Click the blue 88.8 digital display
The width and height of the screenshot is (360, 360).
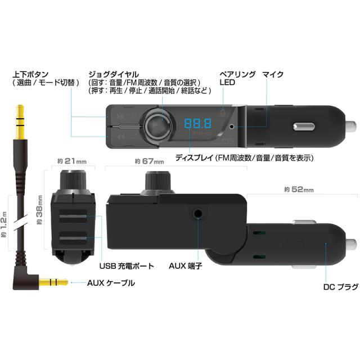[x=197, y=124]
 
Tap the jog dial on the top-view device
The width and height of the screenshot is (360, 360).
[x=158, y=125]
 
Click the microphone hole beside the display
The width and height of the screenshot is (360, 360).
[x=232, y=126]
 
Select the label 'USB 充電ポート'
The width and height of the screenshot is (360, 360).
[x=127, y=266]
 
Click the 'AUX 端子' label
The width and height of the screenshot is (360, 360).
[x=186, y=265]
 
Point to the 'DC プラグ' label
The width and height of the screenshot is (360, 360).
[x=341, y=286]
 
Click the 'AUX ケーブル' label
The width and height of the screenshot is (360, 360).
[x=111, y=283]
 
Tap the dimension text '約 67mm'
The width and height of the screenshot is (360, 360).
[x=149, y=161]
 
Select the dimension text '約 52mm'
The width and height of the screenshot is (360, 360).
[x=299, y=190]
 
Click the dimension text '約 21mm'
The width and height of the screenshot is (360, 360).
[x=72, y=161]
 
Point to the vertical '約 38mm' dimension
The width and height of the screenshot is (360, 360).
[x=40, y=210]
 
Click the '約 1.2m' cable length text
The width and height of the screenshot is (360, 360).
[x=4, y=224]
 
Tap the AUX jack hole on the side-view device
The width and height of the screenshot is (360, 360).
[x=198, y=214]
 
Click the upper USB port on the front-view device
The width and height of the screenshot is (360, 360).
[x=73, y=216]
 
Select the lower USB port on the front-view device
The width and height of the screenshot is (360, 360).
[x=73, y=238]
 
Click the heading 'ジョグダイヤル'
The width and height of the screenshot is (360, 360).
[x=114, y=74]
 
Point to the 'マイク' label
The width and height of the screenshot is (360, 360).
[x=273, y=74]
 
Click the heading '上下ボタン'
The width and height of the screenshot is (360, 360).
[x=30, y=74]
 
